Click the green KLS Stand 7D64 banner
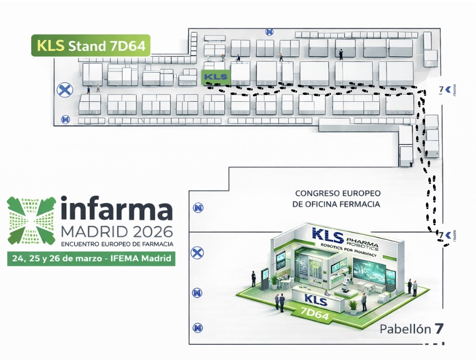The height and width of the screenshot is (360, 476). click(x=91, y=46)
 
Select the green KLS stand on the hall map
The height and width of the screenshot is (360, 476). click(x=215, y=77)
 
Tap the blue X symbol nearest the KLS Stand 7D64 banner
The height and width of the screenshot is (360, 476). click(x=65, y=89)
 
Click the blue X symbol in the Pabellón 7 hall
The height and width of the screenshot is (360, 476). click(x=197, y=253)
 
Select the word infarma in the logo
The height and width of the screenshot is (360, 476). click(x=117, y=209)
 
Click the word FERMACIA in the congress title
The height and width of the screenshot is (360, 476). click(x=357, y=204)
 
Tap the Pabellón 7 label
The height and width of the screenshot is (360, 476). click(x=411, y=329)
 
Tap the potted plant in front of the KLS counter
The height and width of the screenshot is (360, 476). click(x=352, y=306)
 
